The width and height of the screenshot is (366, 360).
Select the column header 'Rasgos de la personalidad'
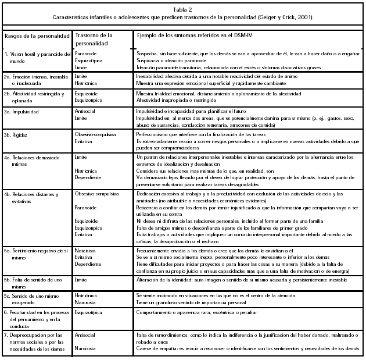click(37, 36)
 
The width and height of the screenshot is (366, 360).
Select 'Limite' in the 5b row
click(81, 280)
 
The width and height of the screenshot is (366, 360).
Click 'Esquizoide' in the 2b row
click(87, 93)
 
